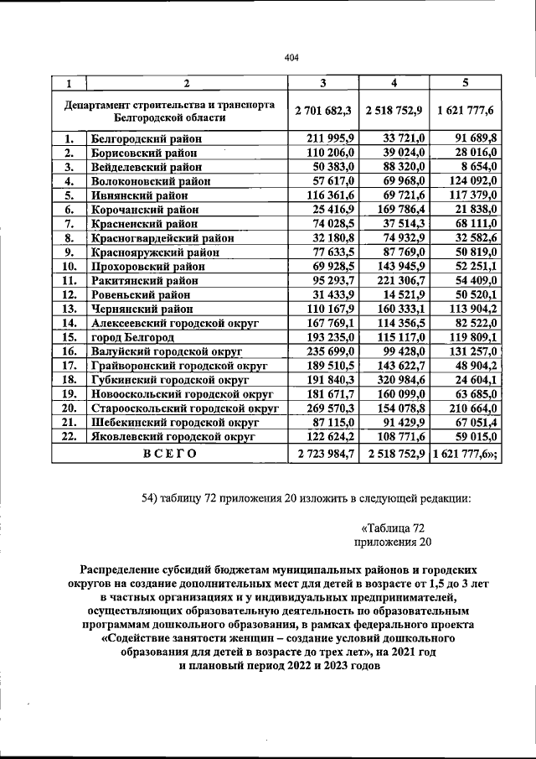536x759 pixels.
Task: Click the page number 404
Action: click(x=291, y=58)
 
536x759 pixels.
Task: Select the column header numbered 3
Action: click(x=322, y=83)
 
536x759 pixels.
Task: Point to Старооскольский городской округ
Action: click(x=183, y=408)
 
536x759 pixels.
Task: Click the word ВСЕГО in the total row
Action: click(x=169, y=454)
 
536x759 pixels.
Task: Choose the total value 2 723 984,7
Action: click(x=322, y=454)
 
